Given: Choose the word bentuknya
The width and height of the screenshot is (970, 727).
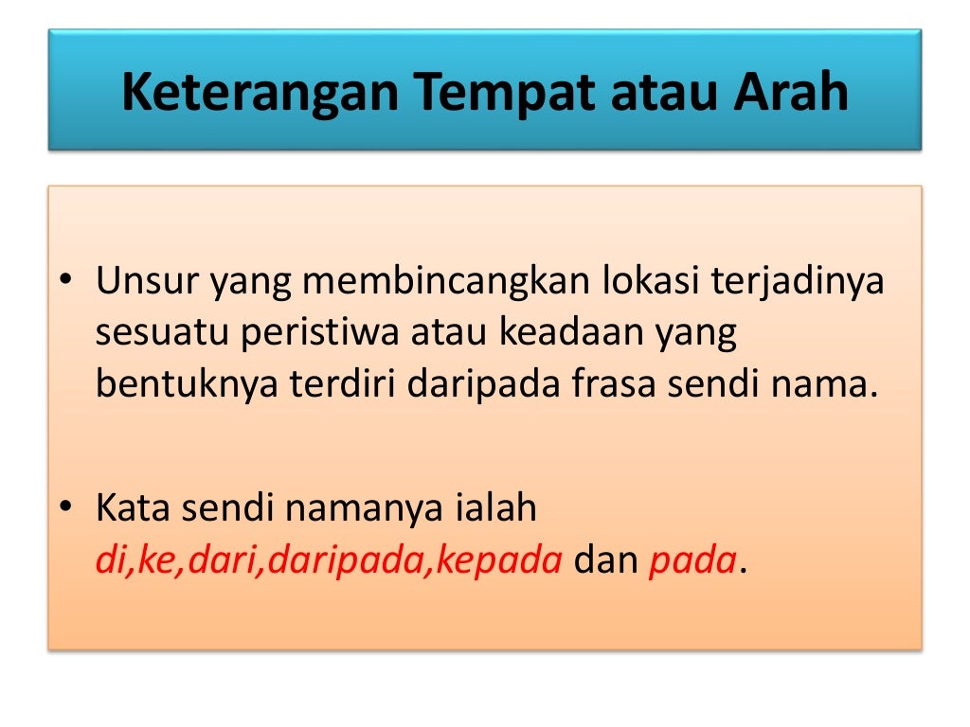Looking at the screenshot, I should [x=171, y=385].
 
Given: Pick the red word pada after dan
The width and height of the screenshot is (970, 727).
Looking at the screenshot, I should [x=692, y=560].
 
